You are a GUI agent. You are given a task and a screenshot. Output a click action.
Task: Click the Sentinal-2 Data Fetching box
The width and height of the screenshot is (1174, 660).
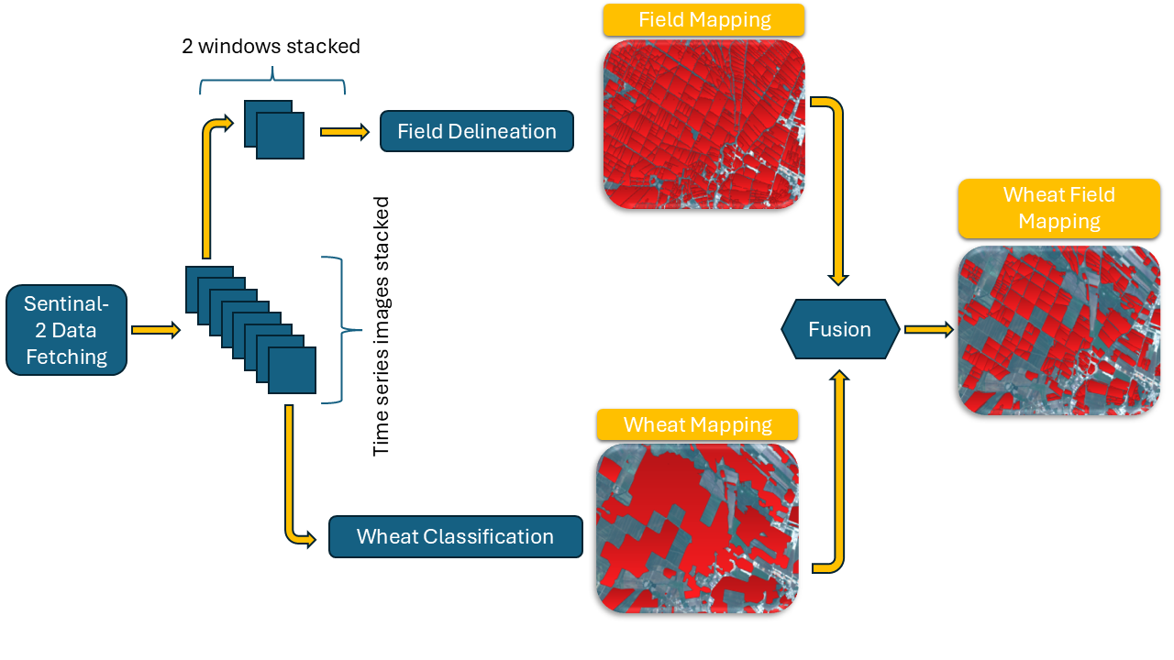coord(66,330)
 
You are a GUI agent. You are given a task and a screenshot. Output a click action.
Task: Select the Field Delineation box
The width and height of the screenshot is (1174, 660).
coord(477,131)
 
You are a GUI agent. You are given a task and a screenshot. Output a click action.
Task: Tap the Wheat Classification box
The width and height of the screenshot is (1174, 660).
coord(455,536)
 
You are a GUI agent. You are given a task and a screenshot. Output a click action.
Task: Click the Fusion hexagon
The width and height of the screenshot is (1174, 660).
coord(839,329)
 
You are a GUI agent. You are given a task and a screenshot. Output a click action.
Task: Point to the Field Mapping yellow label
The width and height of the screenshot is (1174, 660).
coord(703,19)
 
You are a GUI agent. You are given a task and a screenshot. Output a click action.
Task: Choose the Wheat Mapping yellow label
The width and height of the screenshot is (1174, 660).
coord(697,425)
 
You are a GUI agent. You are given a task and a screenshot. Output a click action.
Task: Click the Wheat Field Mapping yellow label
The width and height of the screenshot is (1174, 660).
coord(1058,208)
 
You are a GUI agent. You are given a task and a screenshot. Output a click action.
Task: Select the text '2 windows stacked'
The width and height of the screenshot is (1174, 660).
coord(271,46)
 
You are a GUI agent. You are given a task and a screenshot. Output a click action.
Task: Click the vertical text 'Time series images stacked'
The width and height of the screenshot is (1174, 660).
coord(382,326)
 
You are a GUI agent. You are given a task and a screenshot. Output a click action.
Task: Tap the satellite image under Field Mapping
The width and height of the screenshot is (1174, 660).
coord(703,124)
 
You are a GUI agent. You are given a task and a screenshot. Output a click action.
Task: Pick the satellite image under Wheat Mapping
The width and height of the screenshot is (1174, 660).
coord(697,528)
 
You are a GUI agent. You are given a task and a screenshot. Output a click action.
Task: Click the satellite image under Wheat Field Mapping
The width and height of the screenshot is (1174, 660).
coord(1058,330)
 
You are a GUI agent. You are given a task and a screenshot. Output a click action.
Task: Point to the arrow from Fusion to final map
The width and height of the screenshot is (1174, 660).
coord(929,329)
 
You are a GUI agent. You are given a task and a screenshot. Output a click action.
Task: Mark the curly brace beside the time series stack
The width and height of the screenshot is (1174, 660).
coord(336,329)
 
